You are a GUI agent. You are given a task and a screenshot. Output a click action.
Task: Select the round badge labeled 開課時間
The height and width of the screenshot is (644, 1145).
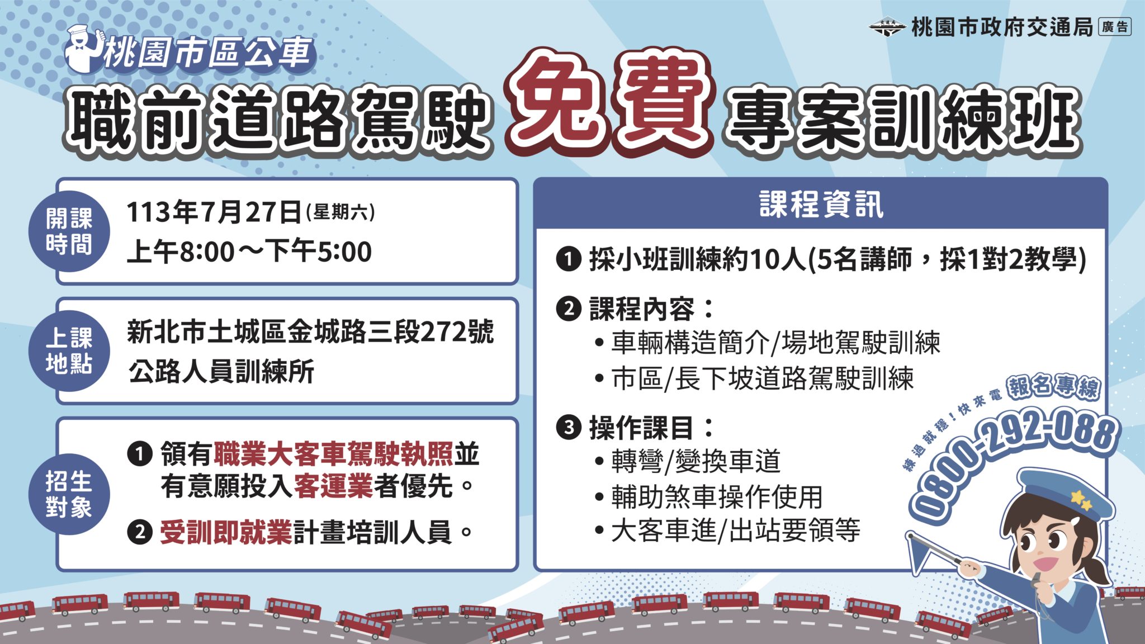[x=69, y=231]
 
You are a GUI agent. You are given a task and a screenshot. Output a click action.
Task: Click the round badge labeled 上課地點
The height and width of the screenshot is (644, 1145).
[x=69, y=351]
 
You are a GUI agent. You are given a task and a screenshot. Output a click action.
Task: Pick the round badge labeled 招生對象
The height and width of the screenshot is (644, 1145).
[x=69, y=494]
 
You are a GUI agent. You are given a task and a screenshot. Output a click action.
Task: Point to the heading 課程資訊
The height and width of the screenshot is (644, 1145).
[x=821, y=204]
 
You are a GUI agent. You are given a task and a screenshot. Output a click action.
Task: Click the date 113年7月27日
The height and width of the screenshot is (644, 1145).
[x=214, y=212]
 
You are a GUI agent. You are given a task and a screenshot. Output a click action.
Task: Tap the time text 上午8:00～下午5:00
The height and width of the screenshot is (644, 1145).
[x=249, y=252]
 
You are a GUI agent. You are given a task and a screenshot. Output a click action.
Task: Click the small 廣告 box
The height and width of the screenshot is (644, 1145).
[x=1115, y=27]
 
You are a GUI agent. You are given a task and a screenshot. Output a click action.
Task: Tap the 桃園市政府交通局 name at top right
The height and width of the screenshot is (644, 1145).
[x=1002, y=27]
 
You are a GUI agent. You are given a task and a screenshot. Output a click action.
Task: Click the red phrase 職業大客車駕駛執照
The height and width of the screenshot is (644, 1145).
[x=333, y=454]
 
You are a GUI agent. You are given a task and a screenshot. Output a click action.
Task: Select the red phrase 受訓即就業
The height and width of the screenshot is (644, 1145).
[x=226, y=532]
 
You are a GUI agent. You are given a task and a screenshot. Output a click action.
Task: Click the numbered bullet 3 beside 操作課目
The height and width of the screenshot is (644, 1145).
[x=569, y=428]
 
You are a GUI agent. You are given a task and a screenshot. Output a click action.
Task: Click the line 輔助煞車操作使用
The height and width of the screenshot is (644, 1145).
[x=717, y=496]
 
